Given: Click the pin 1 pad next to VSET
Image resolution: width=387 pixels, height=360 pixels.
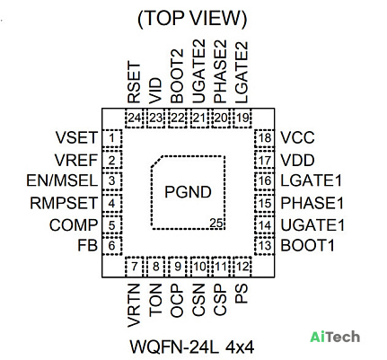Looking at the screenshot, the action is point(112,138).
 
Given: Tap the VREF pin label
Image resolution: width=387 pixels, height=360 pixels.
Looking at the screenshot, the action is point(76,160).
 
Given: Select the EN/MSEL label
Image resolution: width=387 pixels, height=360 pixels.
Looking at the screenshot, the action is point(62,180).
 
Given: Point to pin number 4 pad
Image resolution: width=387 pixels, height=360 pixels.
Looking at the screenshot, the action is point(112,204).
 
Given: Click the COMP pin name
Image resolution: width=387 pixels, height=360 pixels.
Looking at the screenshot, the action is point(74,225).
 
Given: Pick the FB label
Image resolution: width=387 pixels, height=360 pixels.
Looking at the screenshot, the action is point(88,245).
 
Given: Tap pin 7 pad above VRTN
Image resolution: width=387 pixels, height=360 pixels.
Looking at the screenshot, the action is point(135,267).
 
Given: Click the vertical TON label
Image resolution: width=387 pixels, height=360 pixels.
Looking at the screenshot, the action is point(155,300).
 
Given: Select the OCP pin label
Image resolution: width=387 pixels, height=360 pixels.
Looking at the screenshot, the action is point(177,300).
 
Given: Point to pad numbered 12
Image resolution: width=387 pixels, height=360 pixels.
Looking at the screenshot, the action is point(242,267).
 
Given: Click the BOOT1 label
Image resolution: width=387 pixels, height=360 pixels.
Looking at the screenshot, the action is point(307,245).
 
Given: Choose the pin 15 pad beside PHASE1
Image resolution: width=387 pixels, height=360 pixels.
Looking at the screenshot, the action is point(264,204).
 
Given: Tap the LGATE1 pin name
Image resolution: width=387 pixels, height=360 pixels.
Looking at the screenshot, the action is point(311,180).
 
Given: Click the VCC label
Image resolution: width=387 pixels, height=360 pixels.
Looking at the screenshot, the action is point(297,137).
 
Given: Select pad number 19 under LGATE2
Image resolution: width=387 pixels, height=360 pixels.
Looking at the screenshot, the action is point(242,119).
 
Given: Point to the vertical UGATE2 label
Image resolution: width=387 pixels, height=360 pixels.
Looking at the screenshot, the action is point(198,72).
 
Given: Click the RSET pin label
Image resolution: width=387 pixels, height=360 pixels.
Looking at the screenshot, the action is point(134,83).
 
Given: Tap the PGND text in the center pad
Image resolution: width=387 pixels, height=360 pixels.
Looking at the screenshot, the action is point(188,192).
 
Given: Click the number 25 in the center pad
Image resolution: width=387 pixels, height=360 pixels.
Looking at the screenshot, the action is point(216,224).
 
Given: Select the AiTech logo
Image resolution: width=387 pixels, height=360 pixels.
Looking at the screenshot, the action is point(335,337).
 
